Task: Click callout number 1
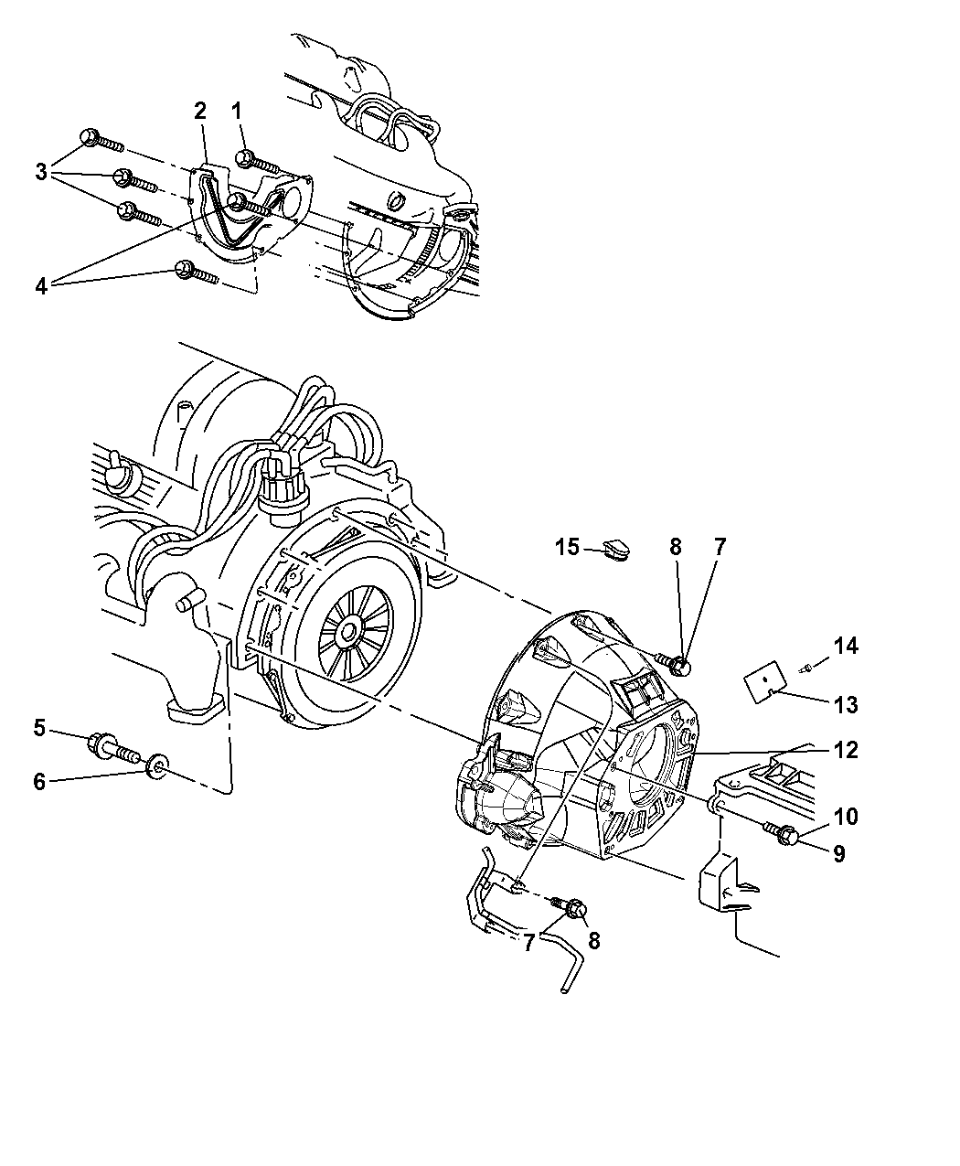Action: (237, 112)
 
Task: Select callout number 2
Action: (199, 111)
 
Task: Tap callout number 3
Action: (41, 171)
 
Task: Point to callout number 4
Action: (41, 284)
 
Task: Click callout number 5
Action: (39, 727)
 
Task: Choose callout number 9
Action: (837, 854)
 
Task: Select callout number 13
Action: (847, 704)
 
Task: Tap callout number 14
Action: (847, 647)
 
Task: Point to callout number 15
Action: (568, 547)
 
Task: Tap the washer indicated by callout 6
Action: (157, 763)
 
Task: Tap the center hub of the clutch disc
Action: (348, 632)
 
